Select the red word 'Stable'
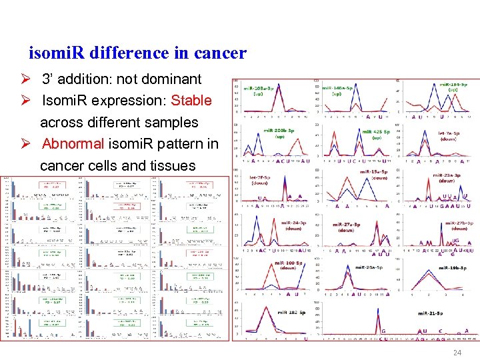click(x=191, y=101)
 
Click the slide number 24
click(x=457, y=353)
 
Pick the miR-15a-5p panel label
click(x=375, y=174)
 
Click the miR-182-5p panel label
click(x=291, y=312)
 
